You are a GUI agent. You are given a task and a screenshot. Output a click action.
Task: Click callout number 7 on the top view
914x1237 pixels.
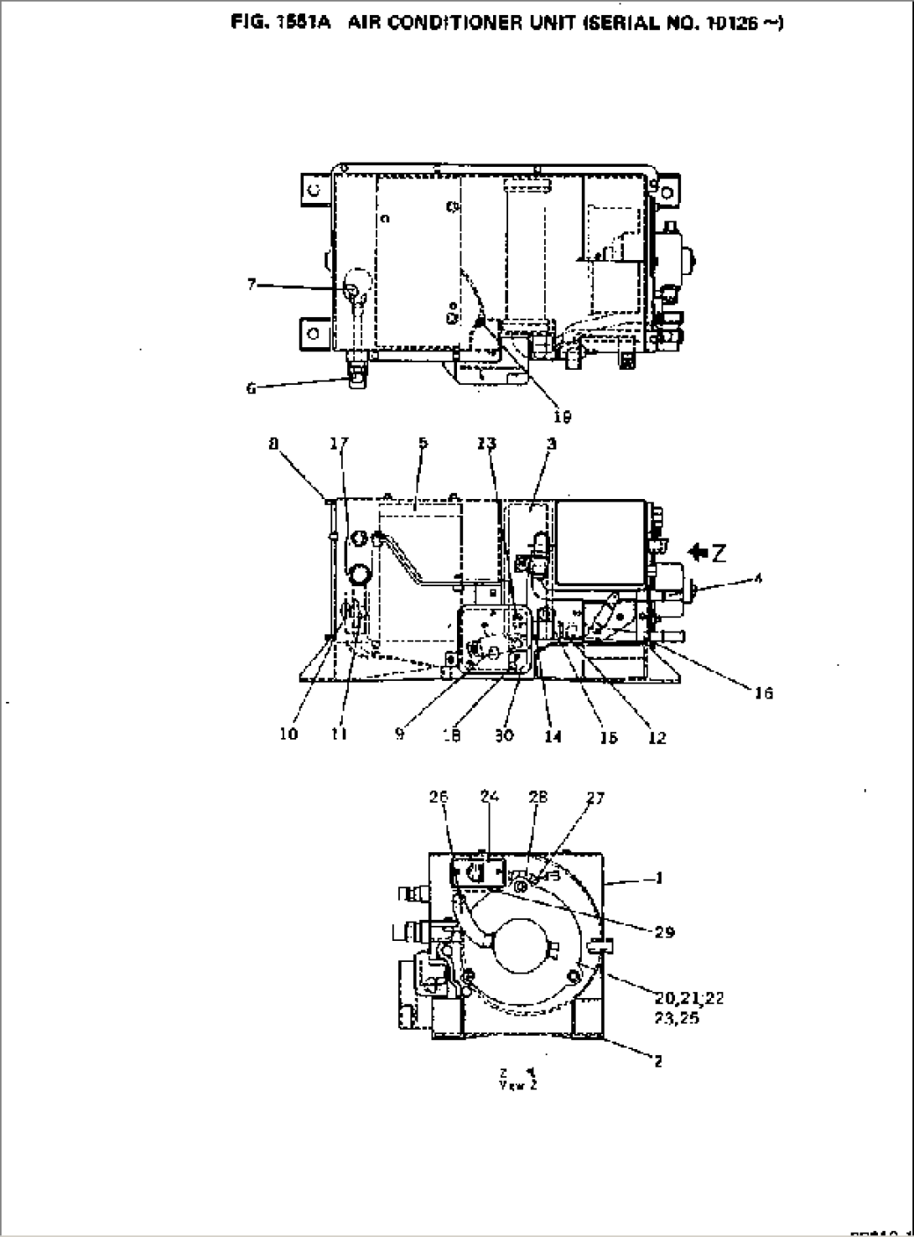tap(252, 285)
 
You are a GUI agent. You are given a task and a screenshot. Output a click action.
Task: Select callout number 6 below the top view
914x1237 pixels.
tap(252, 387)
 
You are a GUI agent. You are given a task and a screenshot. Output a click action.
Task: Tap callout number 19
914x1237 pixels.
tap(563, 415)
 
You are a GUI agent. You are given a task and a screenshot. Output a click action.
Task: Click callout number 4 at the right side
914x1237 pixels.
tap(758, 577)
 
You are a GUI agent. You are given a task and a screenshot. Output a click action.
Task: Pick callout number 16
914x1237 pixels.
tap(763, 693)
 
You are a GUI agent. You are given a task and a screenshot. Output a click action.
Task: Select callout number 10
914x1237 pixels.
tap(288, 735)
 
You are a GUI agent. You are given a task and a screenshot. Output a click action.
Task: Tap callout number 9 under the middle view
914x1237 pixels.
tap(400, 735)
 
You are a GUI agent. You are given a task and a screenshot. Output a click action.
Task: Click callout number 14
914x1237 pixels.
tap(553, 736)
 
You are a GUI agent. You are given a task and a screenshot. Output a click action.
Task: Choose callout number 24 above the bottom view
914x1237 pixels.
tap(489, 797)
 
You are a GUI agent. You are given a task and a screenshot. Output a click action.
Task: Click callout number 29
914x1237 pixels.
tap(664, 932)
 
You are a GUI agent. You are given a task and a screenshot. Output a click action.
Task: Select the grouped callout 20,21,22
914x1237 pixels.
tap(690, 998)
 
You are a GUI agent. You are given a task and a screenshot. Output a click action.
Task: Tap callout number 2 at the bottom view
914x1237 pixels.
tap(658, 1061)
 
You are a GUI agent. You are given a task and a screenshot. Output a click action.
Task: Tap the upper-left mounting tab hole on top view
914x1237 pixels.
tap(313, 190)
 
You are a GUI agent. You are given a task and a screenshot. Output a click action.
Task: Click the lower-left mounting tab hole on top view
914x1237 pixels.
tap(314, 334)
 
